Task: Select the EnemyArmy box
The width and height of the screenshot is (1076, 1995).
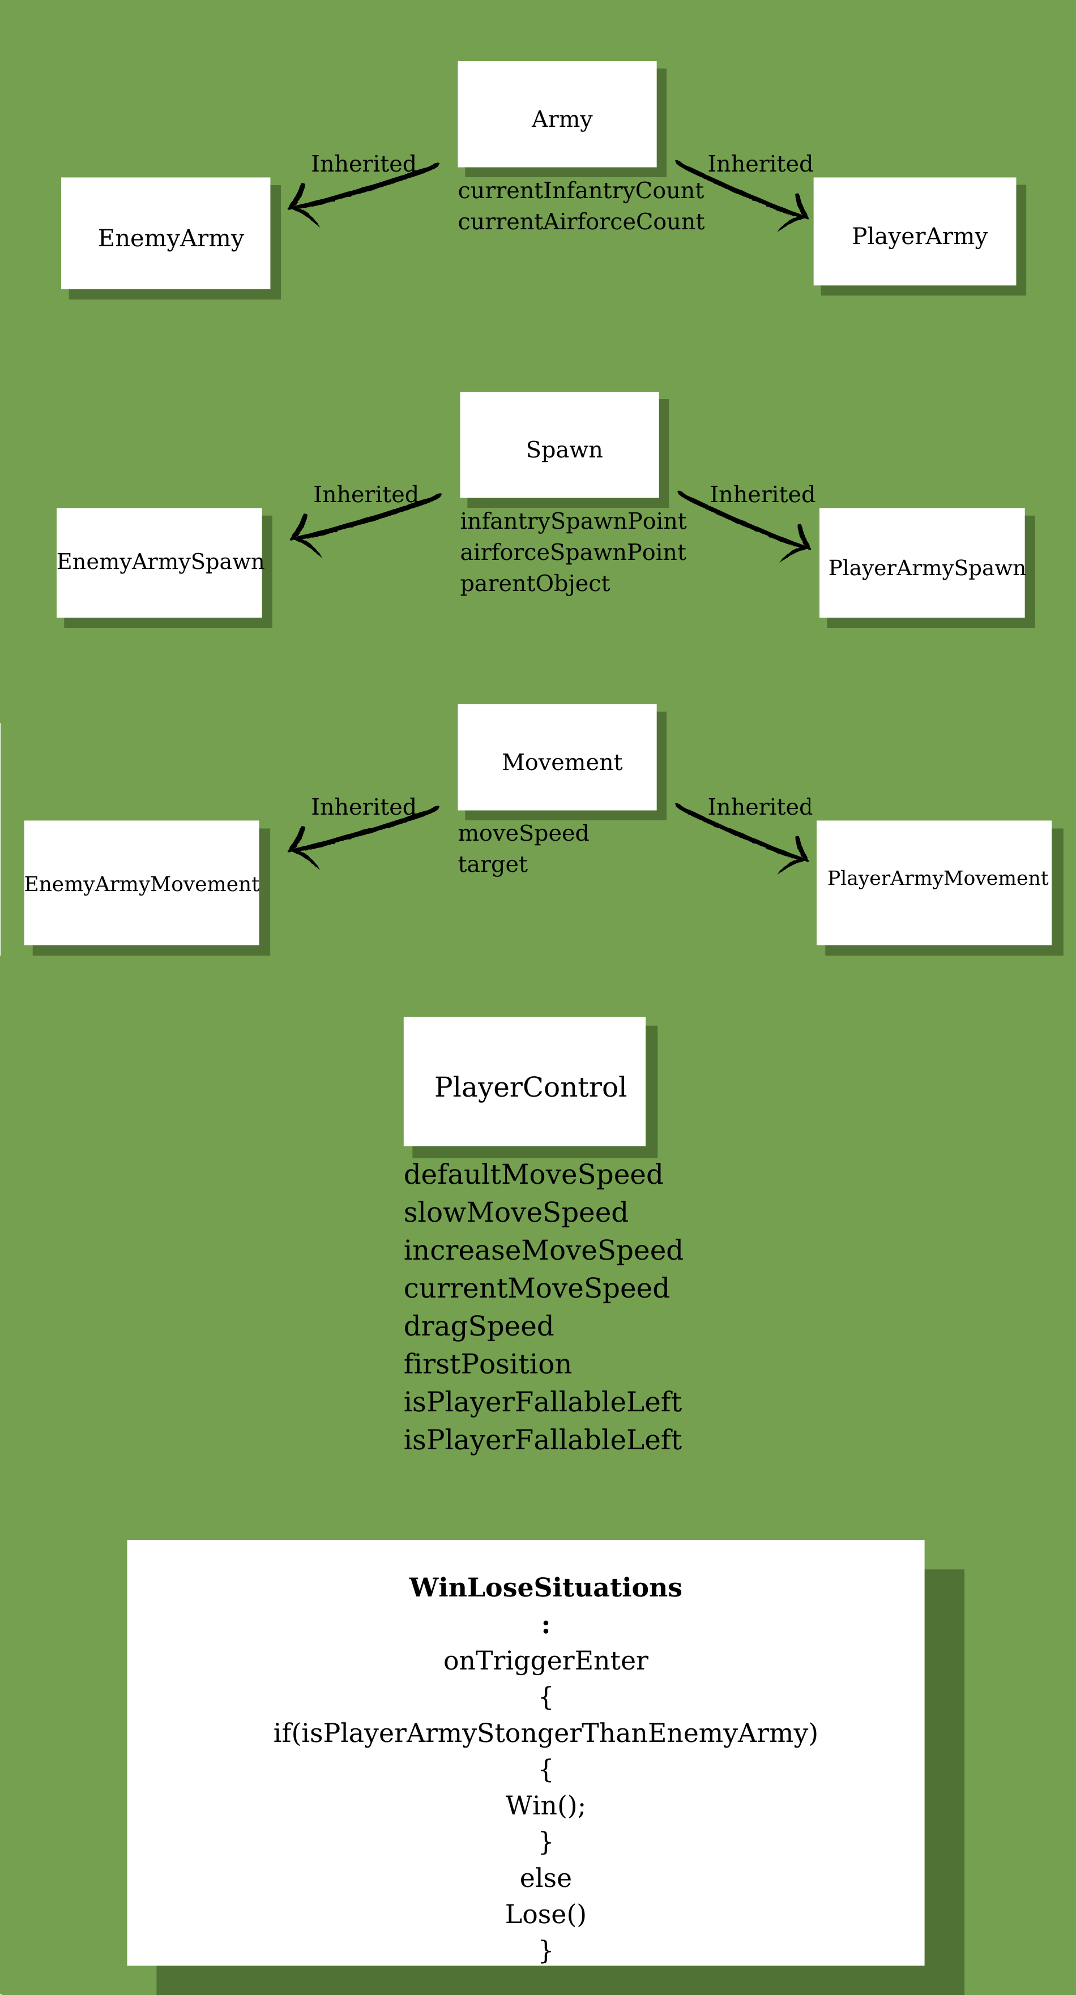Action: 166,233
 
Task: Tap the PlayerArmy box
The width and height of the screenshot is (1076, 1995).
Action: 914,231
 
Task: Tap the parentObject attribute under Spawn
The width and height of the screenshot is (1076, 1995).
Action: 535,584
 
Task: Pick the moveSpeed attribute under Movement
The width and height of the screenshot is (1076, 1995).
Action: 523,833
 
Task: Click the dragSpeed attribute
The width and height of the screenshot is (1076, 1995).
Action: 478,1326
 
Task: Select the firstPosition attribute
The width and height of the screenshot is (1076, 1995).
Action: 487,1364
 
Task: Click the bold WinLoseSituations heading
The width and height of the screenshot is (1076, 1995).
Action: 545,1587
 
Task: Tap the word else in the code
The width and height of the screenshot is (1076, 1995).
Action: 545,1878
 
